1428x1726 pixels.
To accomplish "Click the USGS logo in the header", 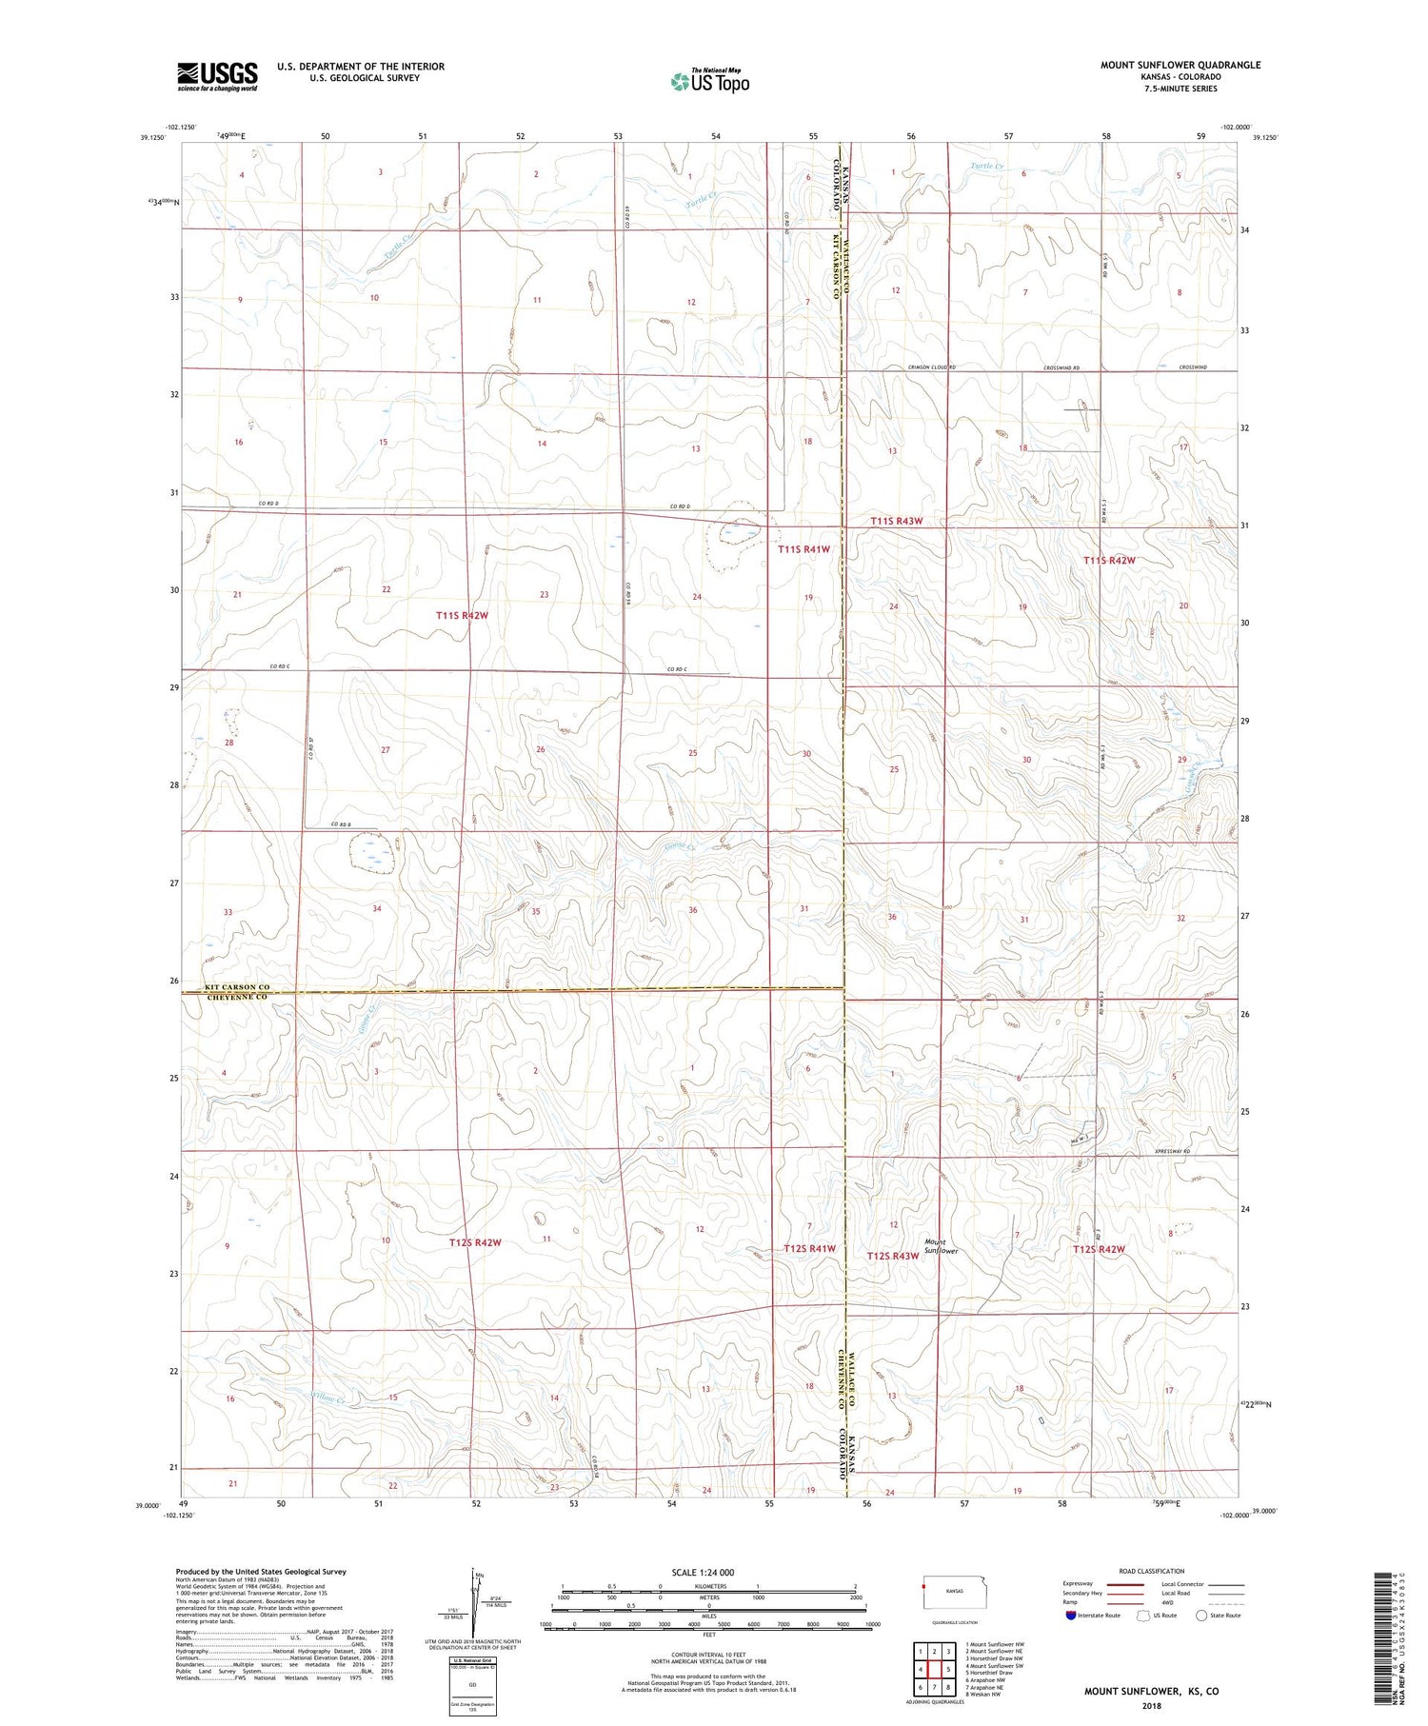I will click(x=217, y=76).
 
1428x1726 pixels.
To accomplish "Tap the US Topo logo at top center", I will click(x=709, y=81).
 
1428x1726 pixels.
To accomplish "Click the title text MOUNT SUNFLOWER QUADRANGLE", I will click(x=1180, y=65).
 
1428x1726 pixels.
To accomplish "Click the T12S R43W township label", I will click(x=892, y=1257).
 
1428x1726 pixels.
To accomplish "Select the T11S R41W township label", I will click(x=803, y=549).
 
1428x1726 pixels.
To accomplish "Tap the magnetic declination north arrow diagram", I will click(x=473, y=1609).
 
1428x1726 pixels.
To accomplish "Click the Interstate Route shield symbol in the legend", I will click(x=1071, y=1616).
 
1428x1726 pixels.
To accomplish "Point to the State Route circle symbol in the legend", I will click(x=1201, y=1616).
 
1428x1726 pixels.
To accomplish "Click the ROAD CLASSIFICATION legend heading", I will click(x=1152, y=1571).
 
